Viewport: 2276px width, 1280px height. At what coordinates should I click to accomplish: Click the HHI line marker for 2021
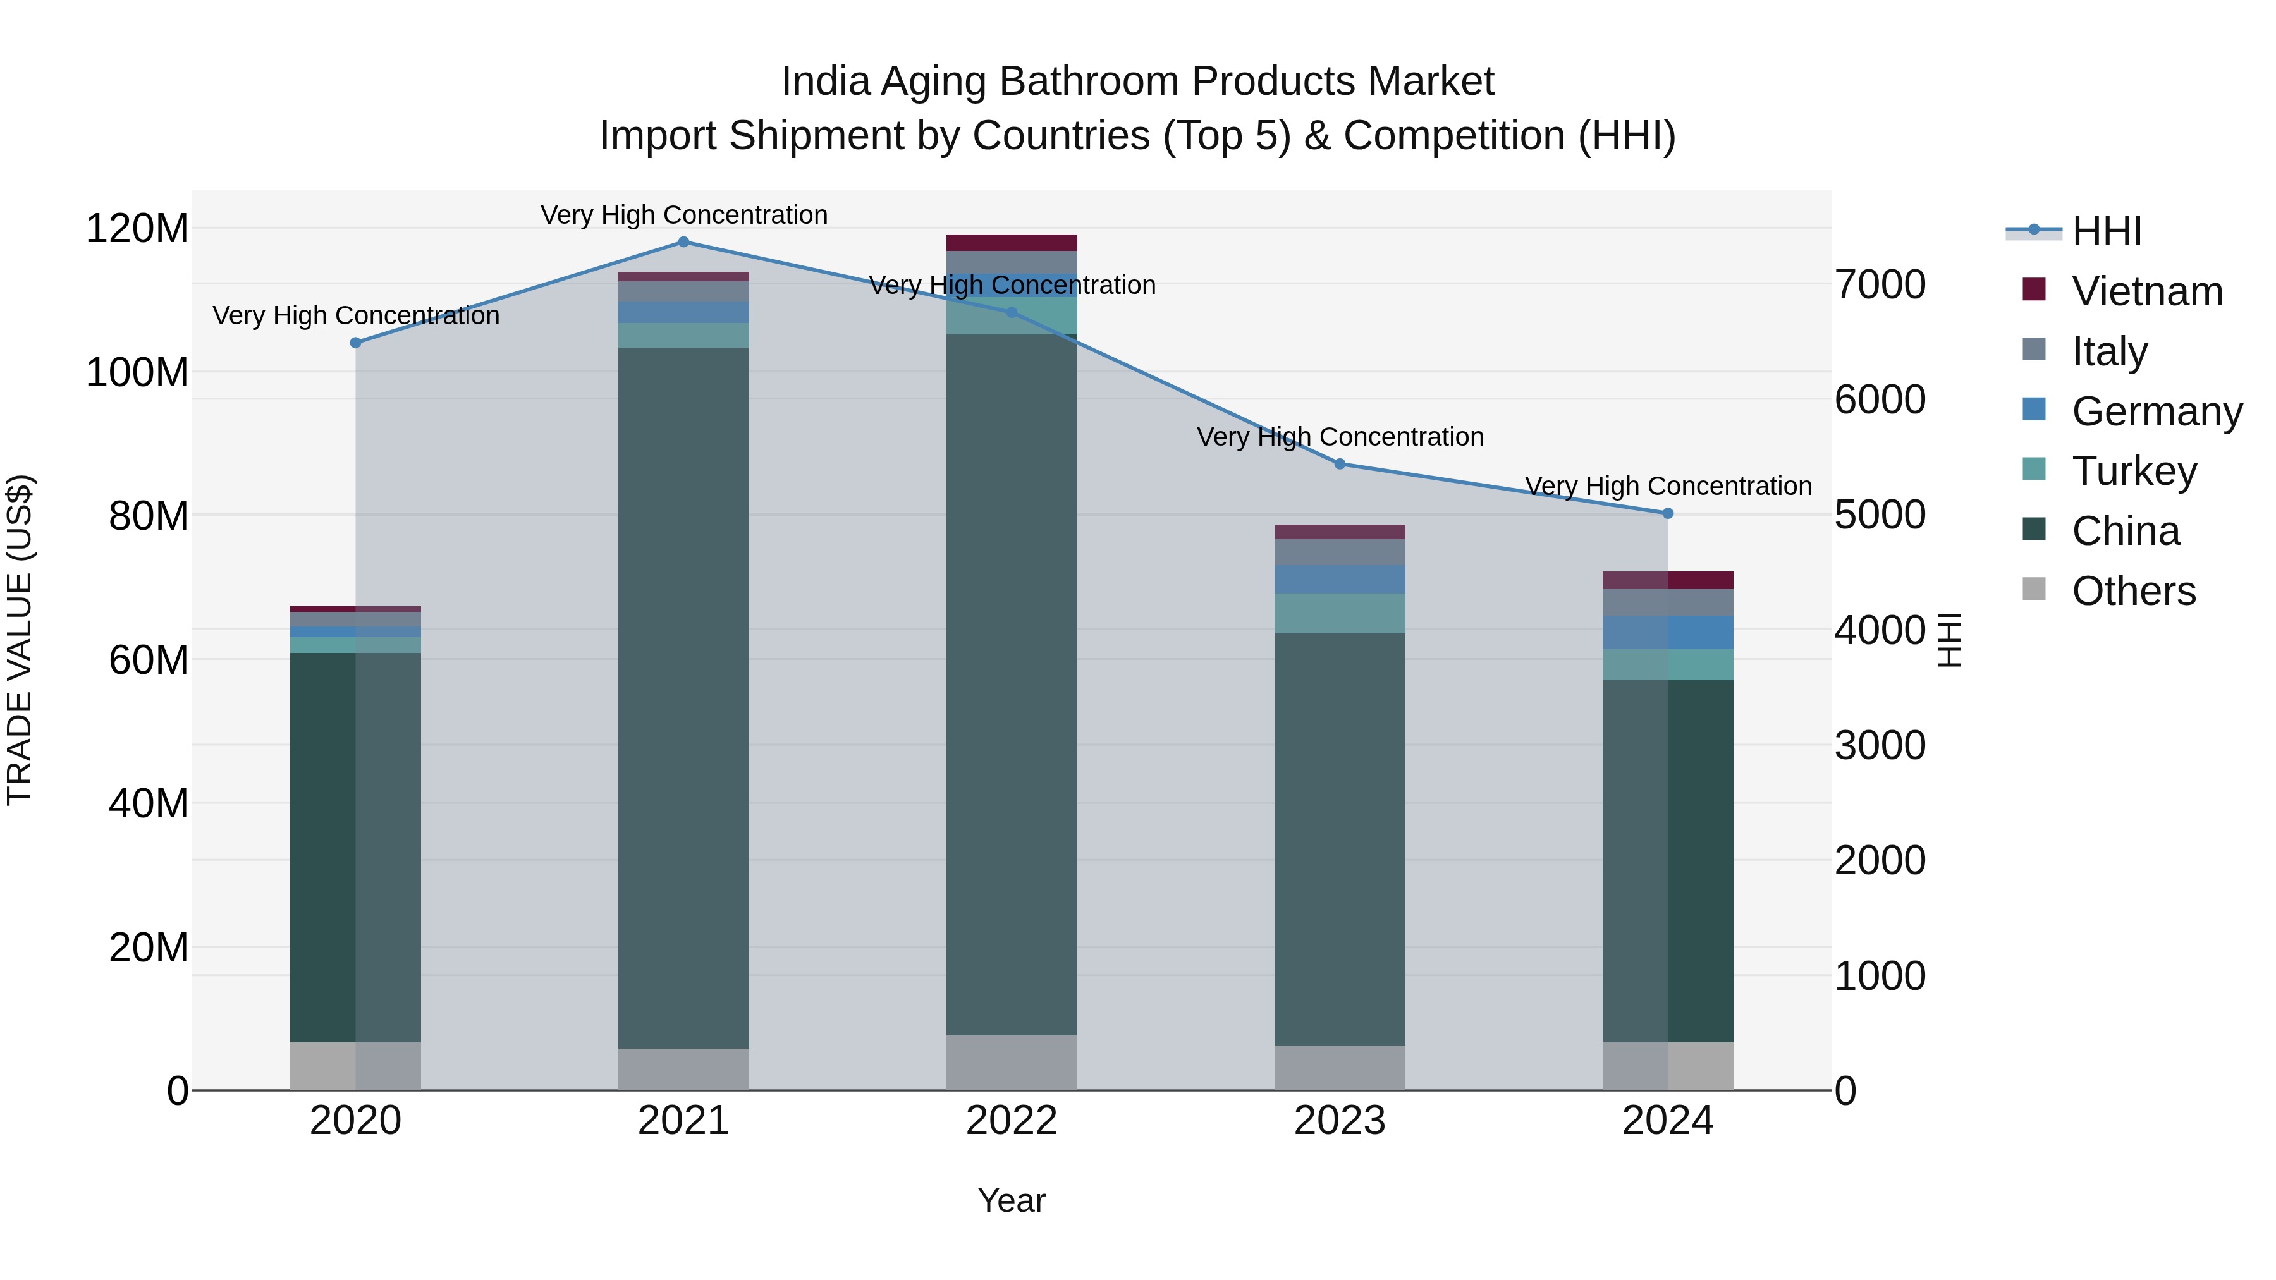pos(683,242)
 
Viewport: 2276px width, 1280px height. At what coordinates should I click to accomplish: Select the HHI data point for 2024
pos(1667,513)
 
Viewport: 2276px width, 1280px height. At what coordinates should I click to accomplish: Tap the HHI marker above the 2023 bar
pos(1340,464)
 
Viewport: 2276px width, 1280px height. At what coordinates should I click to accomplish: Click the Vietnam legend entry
pos(2146,291)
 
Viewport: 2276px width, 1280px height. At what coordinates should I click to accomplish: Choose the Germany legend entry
pos(2156,411)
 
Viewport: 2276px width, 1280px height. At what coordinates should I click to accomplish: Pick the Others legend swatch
pos(2034,589)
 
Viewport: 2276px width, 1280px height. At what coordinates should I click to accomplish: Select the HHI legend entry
pos(2107,231)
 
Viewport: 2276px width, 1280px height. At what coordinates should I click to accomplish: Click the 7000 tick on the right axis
pos(1880,285)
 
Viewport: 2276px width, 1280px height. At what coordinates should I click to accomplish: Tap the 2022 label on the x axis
pos(1011,1121)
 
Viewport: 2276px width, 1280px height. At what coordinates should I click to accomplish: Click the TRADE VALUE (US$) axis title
pos(20,640)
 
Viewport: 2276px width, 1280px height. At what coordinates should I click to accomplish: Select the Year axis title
pos(1011,1200)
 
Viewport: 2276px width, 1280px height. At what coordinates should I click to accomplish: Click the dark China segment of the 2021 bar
pos(683,698)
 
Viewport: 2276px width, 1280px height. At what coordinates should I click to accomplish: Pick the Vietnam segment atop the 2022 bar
pos(1011,243)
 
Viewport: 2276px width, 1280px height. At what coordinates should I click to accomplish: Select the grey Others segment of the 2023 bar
pos(1340,1068)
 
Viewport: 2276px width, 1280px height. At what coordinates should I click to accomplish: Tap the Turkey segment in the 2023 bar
pos(1340,613)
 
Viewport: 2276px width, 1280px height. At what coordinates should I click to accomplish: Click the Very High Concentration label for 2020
pos(356,315)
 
